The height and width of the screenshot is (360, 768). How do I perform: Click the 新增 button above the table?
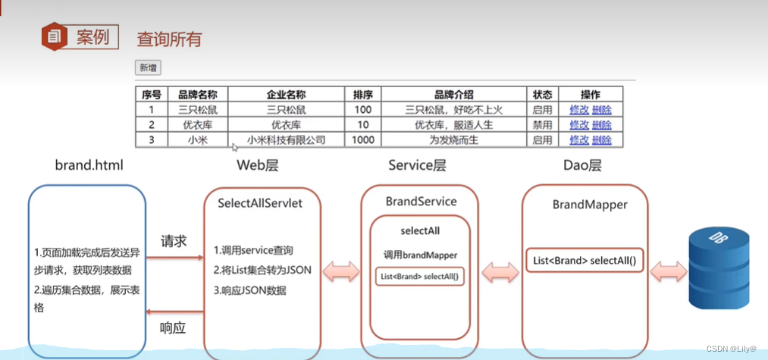pyautogui.click(x=148, y=68)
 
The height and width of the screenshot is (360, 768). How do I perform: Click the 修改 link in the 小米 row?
pyautogui.click(x=579, y=140)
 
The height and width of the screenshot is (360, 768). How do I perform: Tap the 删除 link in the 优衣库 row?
pyautogui.click(x=601, y=125)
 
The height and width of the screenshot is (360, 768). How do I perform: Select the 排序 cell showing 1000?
pyautogui.click(x=363, y=140)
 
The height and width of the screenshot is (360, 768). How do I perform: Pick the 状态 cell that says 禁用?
pyautogui.click(x=542, y=125)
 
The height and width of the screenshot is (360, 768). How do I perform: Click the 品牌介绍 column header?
pyautogui.click(x=454, y=95)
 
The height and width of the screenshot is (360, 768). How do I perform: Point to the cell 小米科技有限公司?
pyautogui.click(x=287, y=140)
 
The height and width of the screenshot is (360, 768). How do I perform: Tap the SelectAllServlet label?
pyautogui.click(x=260, y=203)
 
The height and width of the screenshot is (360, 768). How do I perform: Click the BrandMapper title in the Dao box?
pyautogui.click(x=590, y=204)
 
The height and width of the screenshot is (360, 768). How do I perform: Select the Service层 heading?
pyautogui.click(x=417, y=165)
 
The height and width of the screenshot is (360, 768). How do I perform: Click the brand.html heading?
pyautogui.click(x=89, y=165)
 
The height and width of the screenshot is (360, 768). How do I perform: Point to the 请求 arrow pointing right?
pyautogui.click(x=175, y=257)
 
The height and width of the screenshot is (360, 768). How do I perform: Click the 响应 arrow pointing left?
pyautogui.click(x=175, y=311)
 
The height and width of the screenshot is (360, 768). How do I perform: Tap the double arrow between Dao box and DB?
pyautogui.click(x=669, y=271)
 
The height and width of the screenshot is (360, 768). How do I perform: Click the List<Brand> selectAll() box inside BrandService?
pyautogui.click(x=419, y=277)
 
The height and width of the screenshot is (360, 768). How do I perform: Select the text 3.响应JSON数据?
pyautogui.click(x=249, y=290)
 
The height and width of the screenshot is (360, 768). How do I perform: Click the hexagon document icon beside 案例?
pyautogui.click(x=55, y=36)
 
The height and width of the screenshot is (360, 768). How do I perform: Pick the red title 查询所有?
pyautogui.click(x=169, y=39)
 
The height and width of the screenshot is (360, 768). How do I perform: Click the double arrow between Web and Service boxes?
pyautogui.click(x=341, y=271)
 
